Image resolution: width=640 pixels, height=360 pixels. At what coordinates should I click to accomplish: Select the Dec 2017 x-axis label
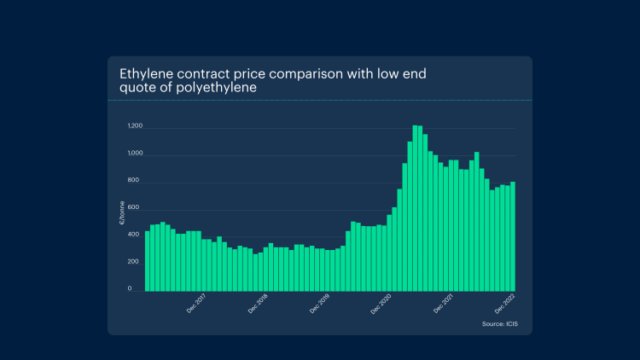point(196,304)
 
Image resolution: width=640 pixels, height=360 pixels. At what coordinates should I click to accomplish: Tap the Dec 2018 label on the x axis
point(258,304)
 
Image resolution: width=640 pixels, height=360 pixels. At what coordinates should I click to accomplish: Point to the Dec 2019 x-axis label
point(319,304)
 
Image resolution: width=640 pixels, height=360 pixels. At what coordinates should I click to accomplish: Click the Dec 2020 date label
point(381,304)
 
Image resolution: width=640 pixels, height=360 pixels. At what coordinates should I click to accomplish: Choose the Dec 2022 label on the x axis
point(504,304)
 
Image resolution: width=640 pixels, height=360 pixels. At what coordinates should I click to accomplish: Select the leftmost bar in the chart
point(147,260)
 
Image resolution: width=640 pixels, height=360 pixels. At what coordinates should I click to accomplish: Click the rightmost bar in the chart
point(513,236)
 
